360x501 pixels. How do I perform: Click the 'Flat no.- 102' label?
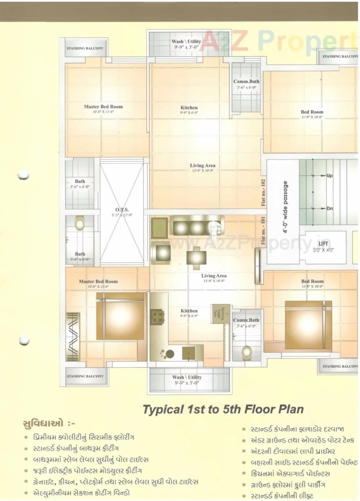click(x=263, y=193)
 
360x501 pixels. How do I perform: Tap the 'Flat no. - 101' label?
click(x=263, y=231)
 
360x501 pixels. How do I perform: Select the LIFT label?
click(x=323, y=244)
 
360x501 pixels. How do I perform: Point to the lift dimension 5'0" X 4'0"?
click(x=323, y=250)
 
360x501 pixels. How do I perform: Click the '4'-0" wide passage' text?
click(x=286, y=207)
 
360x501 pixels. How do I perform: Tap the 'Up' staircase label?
click(x=329, y=176)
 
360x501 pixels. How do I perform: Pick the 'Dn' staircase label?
click(x=329, y=209)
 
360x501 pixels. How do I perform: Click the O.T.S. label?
click(x=122, y=210)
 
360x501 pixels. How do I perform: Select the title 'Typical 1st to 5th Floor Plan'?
click(x=223, y=409)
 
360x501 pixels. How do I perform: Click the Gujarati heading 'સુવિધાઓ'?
click(x=43, y=423)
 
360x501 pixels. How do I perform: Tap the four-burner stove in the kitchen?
click(x=157, y=317)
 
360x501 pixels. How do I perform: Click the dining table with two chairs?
click(x=196, y=258)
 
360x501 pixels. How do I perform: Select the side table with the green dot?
click(x=159, y=228)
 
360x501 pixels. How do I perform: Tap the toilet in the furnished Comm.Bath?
click(x=247, y=353)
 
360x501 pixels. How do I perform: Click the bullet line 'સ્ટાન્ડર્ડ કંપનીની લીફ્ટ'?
click(x=282, y=496)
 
